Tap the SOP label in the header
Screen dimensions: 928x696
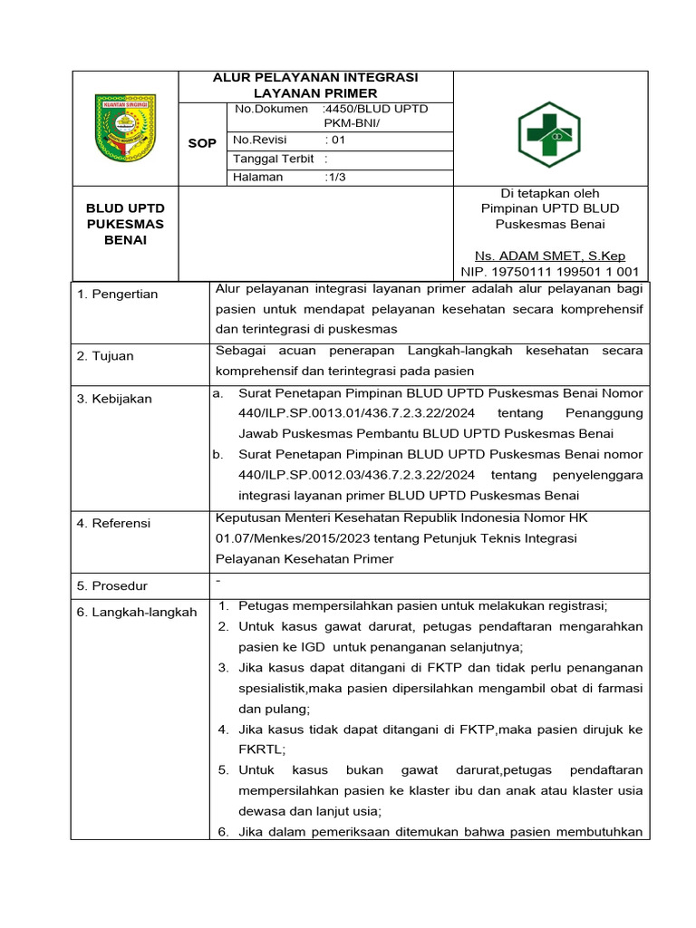201,144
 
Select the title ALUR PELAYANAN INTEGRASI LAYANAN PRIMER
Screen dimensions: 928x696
314,85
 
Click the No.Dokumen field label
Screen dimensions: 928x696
268,109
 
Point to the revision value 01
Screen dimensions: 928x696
336,140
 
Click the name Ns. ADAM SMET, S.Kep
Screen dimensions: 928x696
550,256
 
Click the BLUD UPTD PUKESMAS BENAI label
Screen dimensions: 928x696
125,225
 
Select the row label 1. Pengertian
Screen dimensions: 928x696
117,295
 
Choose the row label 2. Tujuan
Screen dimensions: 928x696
105,356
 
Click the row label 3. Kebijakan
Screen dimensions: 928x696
114,399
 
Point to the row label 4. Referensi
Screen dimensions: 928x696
114,523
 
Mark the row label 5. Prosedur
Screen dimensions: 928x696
112,586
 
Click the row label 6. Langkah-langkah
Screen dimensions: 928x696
137,613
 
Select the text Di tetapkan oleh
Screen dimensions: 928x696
550,193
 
